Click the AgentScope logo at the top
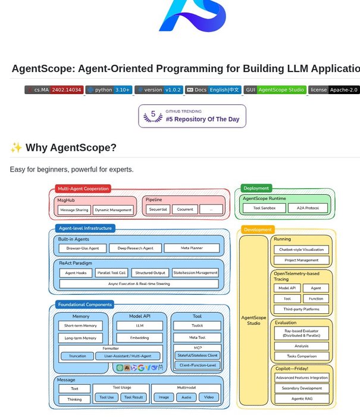[192, 16]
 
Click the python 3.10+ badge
[109, 90]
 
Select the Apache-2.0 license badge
[333, 90]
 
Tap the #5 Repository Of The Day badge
[192, 116]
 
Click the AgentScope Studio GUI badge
[275, 90]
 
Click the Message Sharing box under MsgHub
[75, 210]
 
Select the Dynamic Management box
[113, 210]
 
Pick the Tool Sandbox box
[264, 208]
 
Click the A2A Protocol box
[308, 208]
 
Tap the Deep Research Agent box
[135, 248]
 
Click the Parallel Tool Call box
[111, 273]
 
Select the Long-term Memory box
[80, 338]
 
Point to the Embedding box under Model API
[139, 338]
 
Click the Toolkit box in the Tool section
[197, 326]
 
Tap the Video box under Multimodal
[208, 397]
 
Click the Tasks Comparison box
[301, 356]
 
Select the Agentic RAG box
[301, 398]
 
